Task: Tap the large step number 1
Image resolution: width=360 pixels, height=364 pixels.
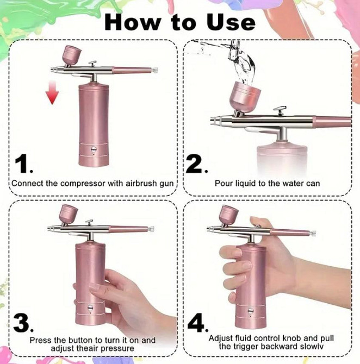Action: click(x=21, y=165)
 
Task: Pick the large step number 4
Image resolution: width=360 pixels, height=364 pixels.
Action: click(x=196, y=322)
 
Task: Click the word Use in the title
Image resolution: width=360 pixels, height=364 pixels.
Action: click(x=231, y=22)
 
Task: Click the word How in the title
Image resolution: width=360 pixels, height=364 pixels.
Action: click(x=132, y=22)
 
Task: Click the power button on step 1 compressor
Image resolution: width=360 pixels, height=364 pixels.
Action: click(x=94, y=148)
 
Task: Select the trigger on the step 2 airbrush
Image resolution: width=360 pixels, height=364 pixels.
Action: click(x=280, y=110)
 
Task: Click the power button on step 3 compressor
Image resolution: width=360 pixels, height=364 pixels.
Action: click(x=90, y=308)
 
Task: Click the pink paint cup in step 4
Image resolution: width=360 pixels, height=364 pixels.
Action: click(x=229, y=214)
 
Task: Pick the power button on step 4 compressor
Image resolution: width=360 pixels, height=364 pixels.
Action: click(x=251, y=311)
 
